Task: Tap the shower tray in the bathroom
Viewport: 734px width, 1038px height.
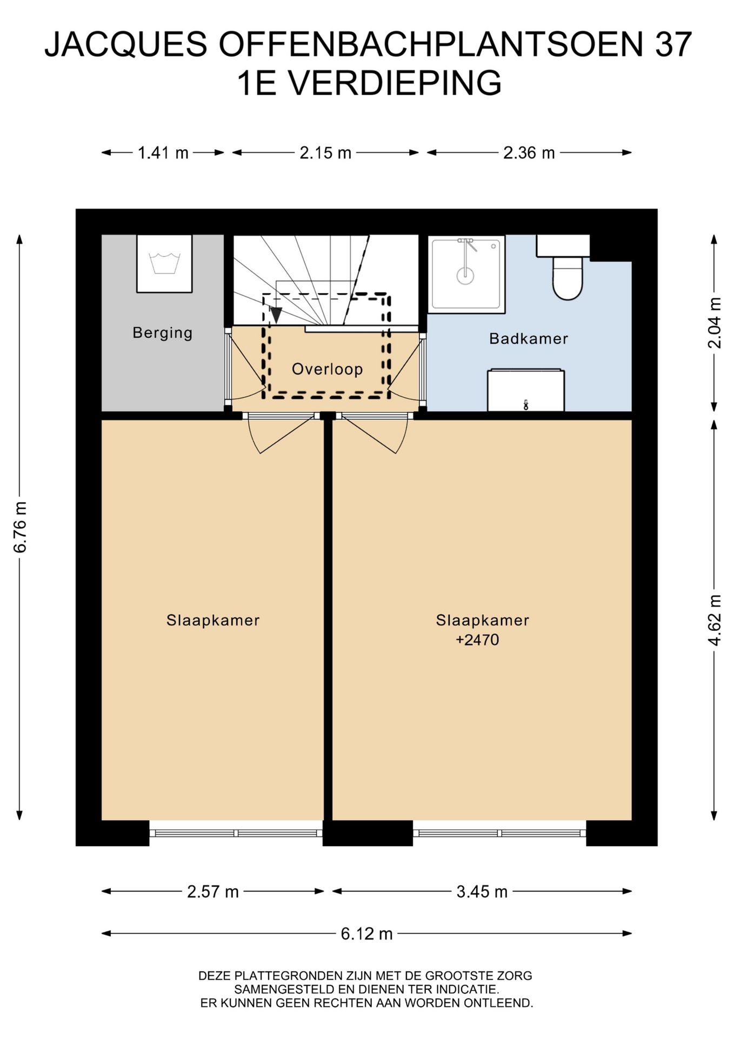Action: pyautogui.click(x=466, y=274)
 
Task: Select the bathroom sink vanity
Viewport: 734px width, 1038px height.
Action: pyautogui.click(x=526, y=390)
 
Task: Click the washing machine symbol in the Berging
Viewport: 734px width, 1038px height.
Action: pyautogui.click(x=164, y=263)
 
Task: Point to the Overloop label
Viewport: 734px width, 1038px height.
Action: pyautogui.click(x=327, y=369)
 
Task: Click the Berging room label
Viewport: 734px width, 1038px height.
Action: pyautogui.click(x=163, y=332)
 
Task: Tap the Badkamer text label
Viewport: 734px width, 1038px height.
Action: pyautogui.click(x=529, y=339)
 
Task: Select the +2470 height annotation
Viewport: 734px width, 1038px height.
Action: pyautogui.click(x=477, y=640)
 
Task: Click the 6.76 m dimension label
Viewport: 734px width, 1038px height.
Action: pyautogui.click(x=20, y=527)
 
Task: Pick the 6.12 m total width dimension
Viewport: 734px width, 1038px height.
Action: pyautogui.click(x=366, y=934)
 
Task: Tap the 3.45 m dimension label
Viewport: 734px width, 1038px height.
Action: pyautogui.click(x=482, y=891)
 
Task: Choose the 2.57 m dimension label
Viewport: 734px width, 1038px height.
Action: pyautogui.click(x=213, y=891)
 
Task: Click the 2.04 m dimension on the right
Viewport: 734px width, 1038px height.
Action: pyautogui.click(x=715, y=323)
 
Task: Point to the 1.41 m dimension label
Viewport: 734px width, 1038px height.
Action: pyautogui.click(x=163, y=153)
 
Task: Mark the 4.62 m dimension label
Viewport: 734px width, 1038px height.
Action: pyautogui.click(x=715, y=620)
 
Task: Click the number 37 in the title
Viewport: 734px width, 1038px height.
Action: pyautogui.click(x=673, y=44)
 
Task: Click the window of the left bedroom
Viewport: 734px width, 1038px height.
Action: pyautogui.click(x=236, y=833)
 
